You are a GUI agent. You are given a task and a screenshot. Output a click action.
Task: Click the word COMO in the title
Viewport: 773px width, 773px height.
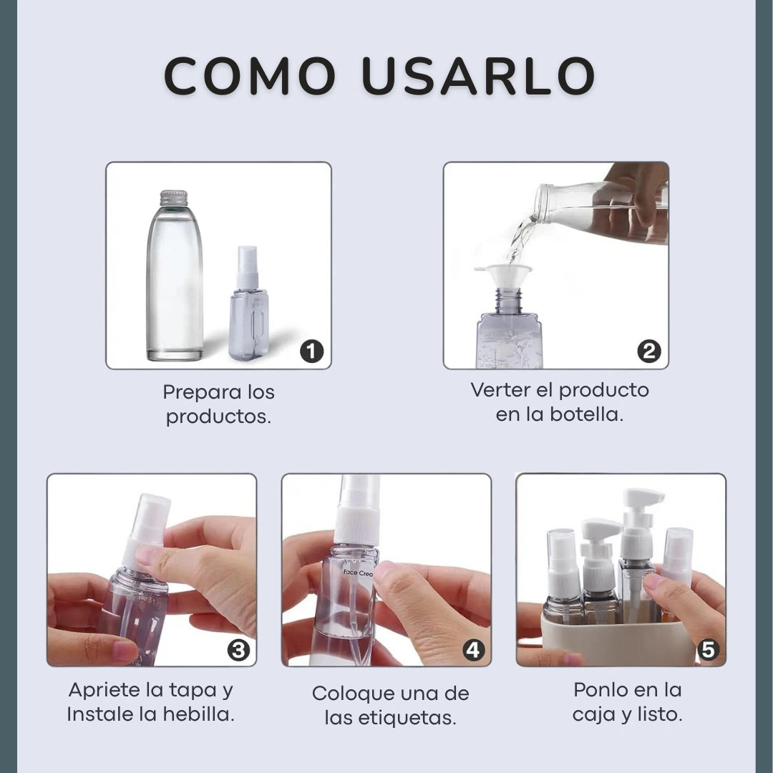click(x=250, y=76)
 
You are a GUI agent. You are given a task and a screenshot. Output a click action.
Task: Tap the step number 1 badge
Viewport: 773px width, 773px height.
click(x=311, y=351)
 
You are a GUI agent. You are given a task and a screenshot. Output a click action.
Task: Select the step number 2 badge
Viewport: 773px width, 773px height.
click(x=648, y=351)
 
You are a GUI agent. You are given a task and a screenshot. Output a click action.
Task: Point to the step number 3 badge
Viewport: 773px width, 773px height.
click(x=238, y=650)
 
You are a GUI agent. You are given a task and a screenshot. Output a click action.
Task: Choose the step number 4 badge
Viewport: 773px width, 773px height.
click(x=473, y=650)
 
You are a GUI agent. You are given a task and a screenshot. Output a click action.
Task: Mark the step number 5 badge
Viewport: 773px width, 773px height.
click(x=708, y=650)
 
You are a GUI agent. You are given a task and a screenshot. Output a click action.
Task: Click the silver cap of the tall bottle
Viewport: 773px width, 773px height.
click(x=173, y=198)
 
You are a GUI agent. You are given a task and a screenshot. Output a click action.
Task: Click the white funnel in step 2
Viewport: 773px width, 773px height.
click(x=503, y=275)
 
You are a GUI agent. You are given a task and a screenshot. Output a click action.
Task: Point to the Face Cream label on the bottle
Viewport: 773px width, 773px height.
click(x=359, y=573)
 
